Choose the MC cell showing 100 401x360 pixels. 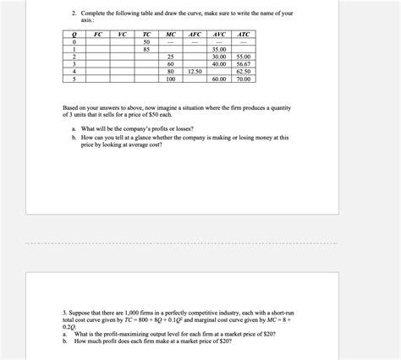coord(170,79)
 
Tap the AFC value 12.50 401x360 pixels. coord(195,71)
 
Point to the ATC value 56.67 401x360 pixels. coord(244,63)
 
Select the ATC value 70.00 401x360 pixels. coord(244,79)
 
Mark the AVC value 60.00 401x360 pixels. coord(219,79)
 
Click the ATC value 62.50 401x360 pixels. coord(244,71)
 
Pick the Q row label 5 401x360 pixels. coord(74,79)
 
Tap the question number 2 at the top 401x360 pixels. coord(74,13)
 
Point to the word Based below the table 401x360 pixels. coord(72,108)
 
